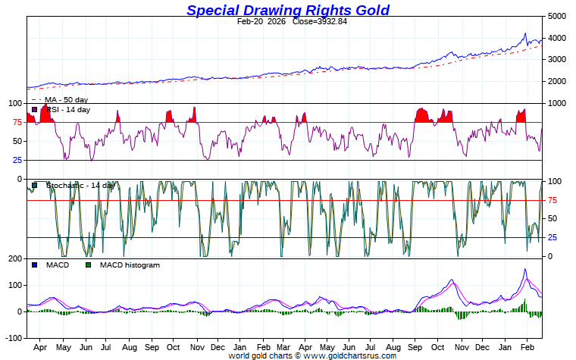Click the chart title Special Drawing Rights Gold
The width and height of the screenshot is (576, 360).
(288, 10)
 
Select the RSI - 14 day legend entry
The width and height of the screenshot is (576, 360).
(68, 110)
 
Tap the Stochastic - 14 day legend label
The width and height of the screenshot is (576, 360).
(80, 185)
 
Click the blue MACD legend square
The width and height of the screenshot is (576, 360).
(33, 265)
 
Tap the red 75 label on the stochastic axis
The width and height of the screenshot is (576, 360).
(553, 200)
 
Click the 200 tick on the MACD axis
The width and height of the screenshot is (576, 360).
(14, 259)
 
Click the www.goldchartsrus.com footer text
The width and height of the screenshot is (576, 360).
(349, 355)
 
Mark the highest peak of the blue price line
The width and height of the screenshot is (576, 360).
(525, 33)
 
